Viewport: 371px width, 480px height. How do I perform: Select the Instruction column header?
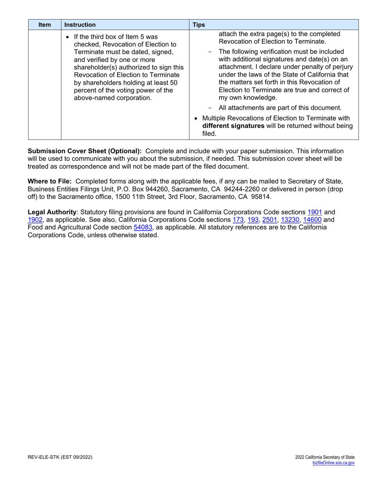coord(80,25)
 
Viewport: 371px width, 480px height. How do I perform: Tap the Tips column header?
coord(200,25)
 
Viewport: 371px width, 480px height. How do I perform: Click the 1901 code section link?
coord(315,212)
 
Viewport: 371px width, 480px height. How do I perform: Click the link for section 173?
coord(238,220)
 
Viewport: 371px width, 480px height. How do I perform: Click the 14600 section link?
coord(312,220)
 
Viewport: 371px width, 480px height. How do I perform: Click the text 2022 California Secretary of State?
coord(325,457)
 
